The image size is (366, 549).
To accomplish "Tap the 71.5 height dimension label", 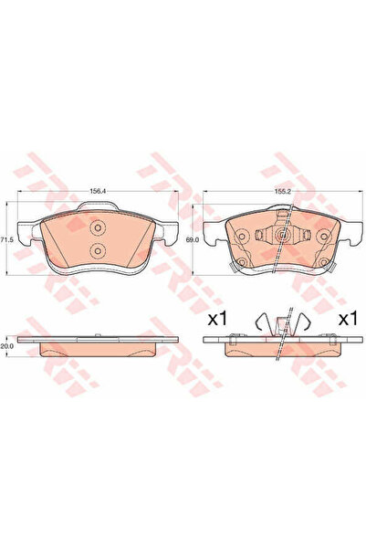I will pos(7,238).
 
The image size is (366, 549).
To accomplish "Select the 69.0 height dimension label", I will pos(191,238).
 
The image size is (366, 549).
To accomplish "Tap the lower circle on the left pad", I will pos(98,252).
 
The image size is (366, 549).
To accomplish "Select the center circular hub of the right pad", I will pos(283,236).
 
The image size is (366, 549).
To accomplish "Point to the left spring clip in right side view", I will pos(264,322).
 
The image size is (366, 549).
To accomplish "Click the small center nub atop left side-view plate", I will pos(92,335).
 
